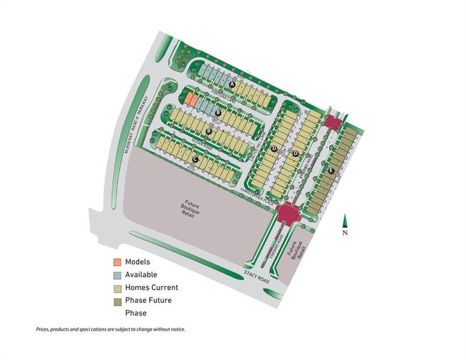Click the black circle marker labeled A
pos(232,85)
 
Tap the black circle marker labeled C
pos(196,159)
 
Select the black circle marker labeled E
pos(331,171)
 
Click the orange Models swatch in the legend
pos(118,262)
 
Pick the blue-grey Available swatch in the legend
pos(118,275)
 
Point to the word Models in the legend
pos(137,262)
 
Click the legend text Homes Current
pos(151,287)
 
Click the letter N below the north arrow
pos(345,233)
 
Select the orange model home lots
pos(190,99)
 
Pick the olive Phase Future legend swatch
pos(118,301)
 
